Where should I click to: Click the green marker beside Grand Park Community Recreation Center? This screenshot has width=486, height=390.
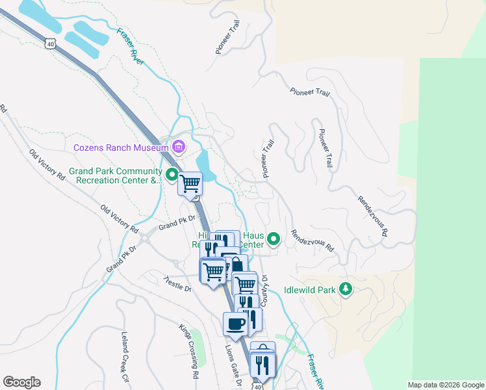[172, 174]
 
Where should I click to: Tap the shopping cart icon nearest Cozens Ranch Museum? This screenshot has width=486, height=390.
[190, 184]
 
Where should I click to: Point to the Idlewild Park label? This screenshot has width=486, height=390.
[311, 290]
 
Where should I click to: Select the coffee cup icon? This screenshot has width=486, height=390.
[235, 324]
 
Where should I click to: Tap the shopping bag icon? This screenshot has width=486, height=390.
[236, 265]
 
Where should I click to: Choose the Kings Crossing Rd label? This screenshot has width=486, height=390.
[189, 352]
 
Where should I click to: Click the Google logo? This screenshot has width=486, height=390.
[21, 382]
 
